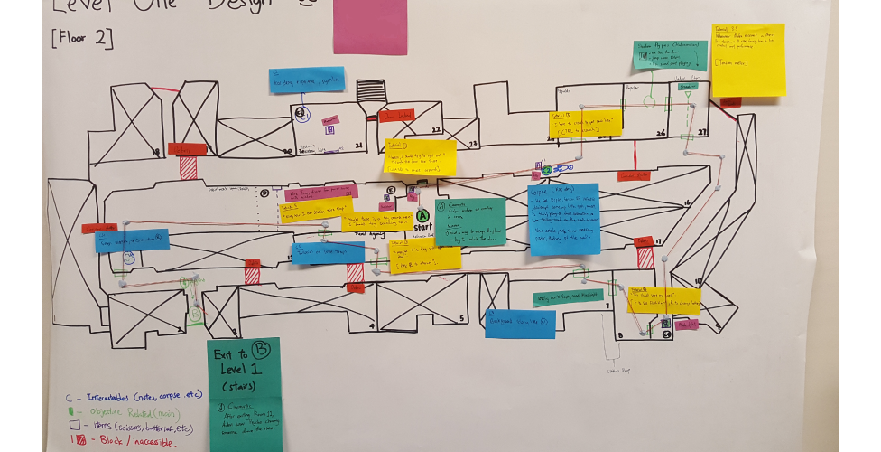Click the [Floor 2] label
pyautogui.click(x=82, y=39)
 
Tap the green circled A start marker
pyautogui.click(x=422, y=216)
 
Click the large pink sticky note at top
pyautogui.click(x=370, y=26)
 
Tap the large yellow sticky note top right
pyautogui.click(x=747, y=60)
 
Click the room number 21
pyautogui.click(x=357, y=145)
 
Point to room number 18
pyautogui.click(x=155, y=151)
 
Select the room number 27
pyautogui.click(x=701, y=132)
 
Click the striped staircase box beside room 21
pyautogui.click(x=370, y=91)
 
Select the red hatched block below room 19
pyautogui.click(x=189, y=167)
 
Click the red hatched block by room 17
pyautogui.click(x=645, y=258)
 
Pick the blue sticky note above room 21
pyautogui.click(x=306, y=80)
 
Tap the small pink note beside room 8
pyautogui.click(x=689, y=325)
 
